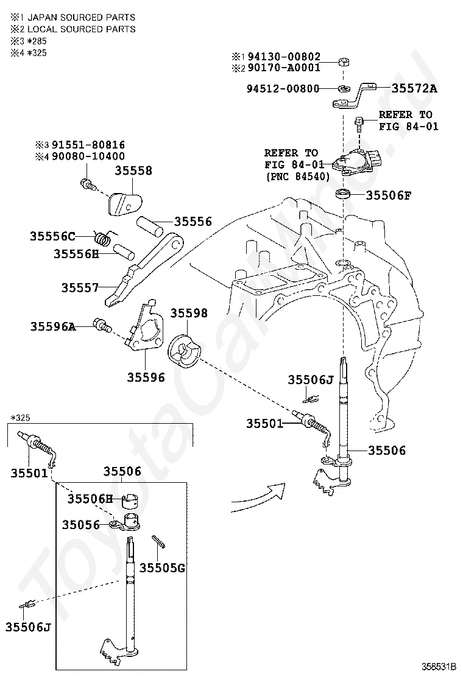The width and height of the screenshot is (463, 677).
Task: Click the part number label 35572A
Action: [414, 88]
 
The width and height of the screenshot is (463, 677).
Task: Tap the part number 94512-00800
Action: [283, 88]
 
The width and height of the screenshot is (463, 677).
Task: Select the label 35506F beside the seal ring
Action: [388, 195]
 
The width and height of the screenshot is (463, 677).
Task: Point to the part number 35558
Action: [133, 170]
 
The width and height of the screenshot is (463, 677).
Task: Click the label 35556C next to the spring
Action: [52, 236]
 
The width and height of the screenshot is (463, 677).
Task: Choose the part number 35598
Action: [189, 313]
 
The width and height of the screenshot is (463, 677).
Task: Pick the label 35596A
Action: [52, 326]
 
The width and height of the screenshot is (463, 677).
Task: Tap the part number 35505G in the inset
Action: [162, 568]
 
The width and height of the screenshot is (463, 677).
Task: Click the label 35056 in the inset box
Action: [81, 525]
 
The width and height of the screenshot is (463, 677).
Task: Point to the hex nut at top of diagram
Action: [344, 61]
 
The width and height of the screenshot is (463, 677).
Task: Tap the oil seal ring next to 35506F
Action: [344, 193]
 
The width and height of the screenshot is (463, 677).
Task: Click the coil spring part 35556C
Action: [103, 237]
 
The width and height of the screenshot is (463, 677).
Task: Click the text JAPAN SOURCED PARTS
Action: [81, 18]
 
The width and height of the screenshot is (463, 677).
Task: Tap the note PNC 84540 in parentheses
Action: [298, 177]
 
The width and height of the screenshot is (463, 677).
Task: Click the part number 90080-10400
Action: [88, 156]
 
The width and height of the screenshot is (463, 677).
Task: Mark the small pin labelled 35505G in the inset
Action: [157, 541]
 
